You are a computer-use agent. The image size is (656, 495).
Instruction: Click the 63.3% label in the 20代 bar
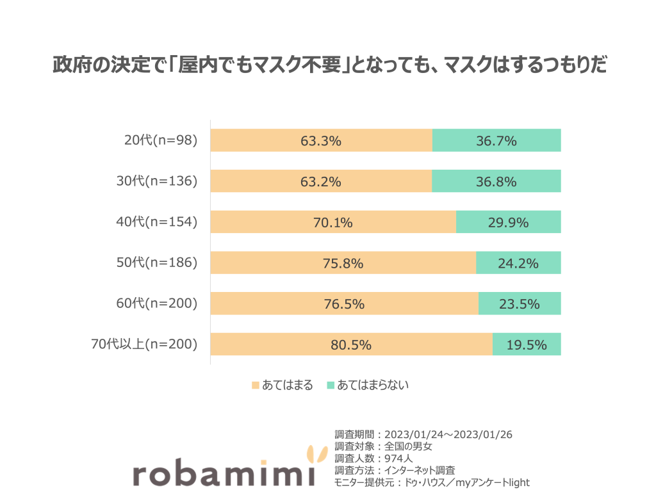coord(321,141)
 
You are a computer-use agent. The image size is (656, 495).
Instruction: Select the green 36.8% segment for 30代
coord(496,182)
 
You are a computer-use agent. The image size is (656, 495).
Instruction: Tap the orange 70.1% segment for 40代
coord(332,223)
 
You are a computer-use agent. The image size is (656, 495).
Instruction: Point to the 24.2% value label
coord(518,263)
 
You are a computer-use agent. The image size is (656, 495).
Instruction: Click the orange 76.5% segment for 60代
coord(344,304)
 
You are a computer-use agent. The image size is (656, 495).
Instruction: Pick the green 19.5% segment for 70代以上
coord(527,345)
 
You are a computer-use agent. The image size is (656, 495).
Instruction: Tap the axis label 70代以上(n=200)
coord(144,345)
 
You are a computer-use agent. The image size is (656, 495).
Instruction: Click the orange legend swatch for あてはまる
coord(255,385)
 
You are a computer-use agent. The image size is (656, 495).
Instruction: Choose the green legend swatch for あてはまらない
coord(331,385)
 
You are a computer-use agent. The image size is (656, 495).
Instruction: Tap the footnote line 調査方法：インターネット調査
coord(395,470)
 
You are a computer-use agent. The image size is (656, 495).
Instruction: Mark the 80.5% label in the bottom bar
coord(351,345)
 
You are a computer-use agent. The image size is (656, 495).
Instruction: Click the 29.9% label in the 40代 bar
coord(507,223)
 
